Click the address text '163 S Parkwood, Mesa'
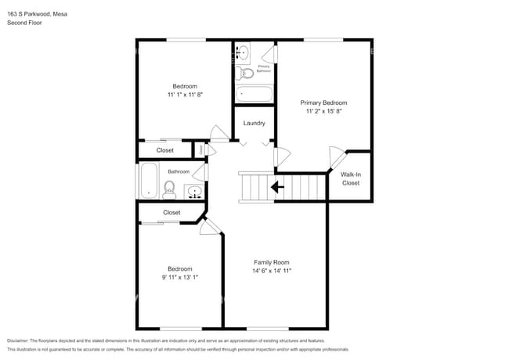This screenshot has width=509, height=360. [36, 12]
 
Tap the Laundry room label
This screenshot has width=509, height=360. [254, 123]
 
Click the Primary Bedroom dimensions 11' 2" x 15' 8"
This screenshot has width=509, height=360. [323, 112]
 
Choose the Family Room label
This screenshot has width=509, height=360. [271, 262]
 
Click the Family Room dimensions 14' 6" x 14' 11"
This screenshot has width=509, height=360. [271, 272]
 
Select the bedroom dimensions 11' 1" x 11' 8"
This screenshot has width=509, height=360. [185, 95]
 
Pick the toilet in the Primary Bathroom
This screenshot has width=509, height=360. [247, 74]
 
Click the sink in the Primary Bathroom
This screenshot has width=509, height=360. [242, 53]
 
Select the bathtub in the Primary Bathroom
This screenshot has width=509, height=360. [254, 94]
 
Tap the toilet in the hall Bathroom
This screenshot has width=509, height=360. [169, 188]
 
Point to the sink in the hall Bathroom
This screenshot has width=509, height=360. [193, 191]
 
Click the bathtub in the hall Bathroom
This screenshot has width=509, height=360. [149, 181]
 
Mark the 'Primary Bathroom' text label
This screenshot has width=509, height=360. [264, 69]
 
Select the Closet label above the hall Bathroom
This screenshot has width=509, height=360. [165, 149]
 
